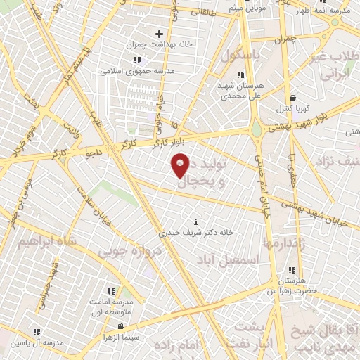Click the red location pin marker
[180, 165]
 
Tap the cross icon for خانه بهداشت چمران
[159, 34]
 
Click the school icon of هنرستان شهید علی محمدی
[240, 75]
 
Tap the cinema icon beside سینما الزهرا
[122, 326]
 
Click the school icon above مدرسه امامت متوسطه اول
[111, 291]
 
